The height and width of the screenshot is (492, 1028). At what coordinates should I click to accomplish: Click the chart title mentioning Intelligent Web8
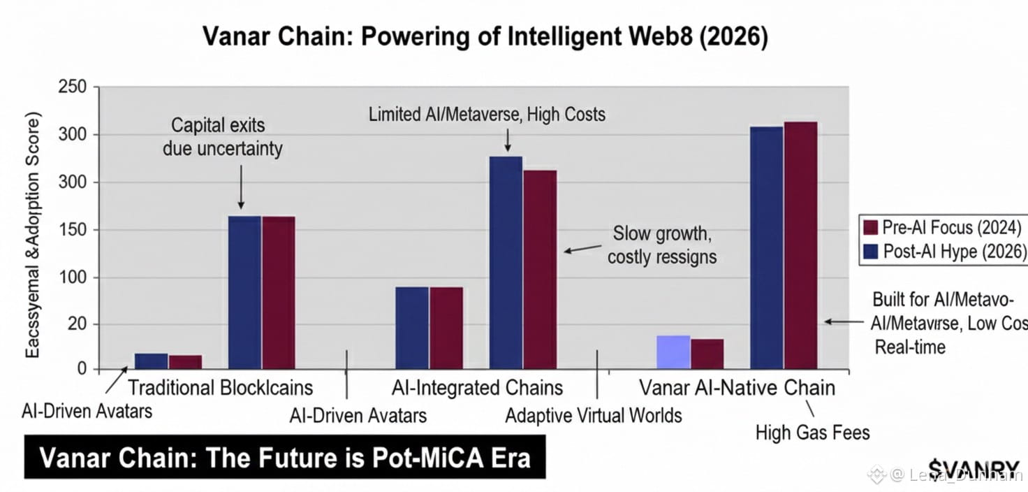pyautogui.click(x=485, y=37)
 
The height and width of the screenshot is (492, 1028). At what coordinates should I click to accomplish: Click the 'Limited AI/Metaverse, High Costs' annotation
pyautogui.click(x=487, y=114)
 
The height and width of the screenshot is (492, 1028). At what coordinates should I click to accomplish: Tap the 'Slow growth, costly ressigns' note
pyautogui.click(x=661, y=245)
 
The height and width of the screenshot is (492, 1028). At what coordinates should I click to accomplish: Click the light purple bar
pyautogui.click(x=673, y=352)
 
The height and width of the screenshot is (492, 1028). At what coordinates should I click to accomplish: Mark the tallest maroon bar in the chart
pyautogui.click(x=800, y=245)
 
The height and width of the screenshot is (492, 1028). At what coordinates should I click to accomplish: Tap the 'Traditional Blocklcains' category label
pyautogui.click(x=221, y=387)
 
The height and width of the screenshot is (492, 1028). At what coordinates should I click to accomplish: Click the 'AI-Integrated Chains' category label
pyautogui.click(x=478, y=387)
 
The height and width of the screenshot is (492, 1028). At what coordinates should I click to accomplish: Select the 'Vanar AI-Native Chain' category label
pyautogui.click(x=737, y=387)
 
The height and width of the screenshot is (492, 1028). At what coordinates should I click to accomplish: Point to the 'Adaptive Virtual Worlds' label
pyautogui.click(x=593, y=415)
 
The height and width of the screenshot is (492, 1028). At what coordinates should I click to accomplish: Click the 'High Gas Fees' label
pyautogui.click(x=813, y=433)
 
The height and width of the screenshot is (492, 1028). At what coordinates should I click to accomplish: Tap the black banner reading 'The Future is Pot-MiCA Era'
pyautogui.click(x=285, y=458)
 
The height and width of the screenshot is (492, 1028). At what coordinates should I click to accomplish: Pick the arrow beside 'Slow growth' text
pyautogui.click(x=583, y=249)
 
